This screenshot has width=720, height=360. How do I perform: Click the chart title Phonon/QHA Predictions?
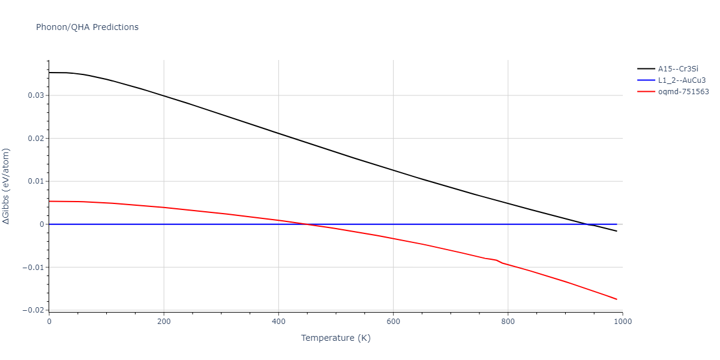pos(87,27)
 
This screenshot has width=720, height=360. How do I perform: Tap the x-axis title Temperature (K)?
pos(335,338)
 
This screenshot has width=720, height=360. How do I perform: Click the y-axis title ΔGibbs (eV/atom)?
pos(7,186)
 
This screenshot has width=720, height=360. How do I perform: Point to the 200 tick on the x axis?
pos(163,321)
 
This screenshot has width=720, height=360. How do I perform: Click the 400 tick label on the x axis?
pos(278,321)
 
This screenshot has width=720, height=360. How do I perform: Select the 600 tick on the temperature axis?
pos(393,321)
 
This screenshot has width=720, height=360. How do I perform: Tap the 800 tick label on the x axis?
pos(508,321)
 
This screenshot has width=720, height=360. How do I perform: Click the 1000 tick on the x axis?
pos(622,321)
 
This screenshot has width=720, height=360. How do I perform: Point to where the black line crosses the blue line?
pos(587,224)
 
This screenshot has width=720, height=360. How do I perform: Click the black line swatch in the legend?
pos(646,69)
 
